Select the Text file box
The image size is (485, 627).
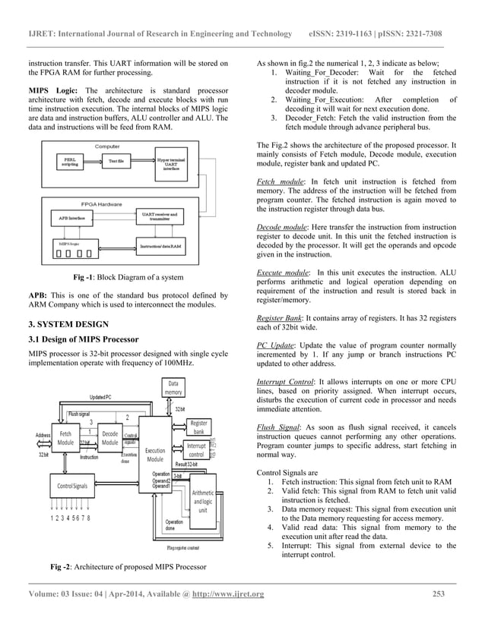pos(117,162)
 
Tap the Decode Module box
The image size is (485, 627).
pos(109,438)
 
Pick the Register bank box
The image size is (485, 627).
pos(199,427)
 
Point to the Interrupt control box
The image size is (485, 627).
pos(200,450)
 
